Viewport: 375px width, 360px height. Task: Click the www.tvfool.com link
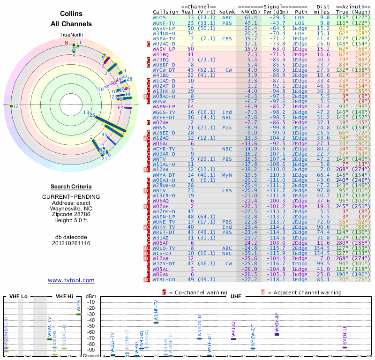71,280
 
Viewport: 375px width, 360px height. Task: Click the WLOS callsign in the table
159,17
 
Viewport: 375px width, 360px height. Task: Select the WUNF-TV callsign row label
164,22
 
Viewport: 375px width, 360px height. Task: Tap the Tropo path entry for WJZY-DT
300,264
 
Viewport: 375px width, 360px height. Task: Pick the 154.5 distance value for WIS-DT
322,254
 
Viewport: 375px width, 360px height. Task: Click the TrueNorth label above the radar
71,35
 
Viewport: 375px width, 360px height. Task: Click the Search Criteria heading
71,187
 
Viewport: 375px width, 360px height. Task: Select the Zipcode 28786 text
71,209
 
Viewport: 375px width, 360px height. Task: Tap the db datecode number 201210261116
71,243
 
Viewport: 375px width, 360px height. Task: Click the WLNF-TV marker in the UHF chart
156,322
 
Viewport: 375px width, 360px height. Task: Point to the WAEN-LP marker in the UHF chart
345,347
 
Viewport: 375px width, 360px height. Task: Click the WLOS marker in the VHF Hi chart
79,314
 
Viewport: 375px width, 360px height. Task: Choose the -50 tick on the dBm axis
90,326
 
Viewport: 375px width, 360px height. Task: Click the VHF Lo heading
18,296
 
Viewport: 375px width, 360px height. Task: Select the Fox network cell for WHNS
227,127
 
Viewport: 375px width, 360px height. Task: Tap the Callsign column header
165,12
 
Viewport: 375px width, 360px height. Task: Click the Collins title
71,15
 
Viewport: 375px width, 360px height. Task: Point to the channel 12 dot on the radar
11,106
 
